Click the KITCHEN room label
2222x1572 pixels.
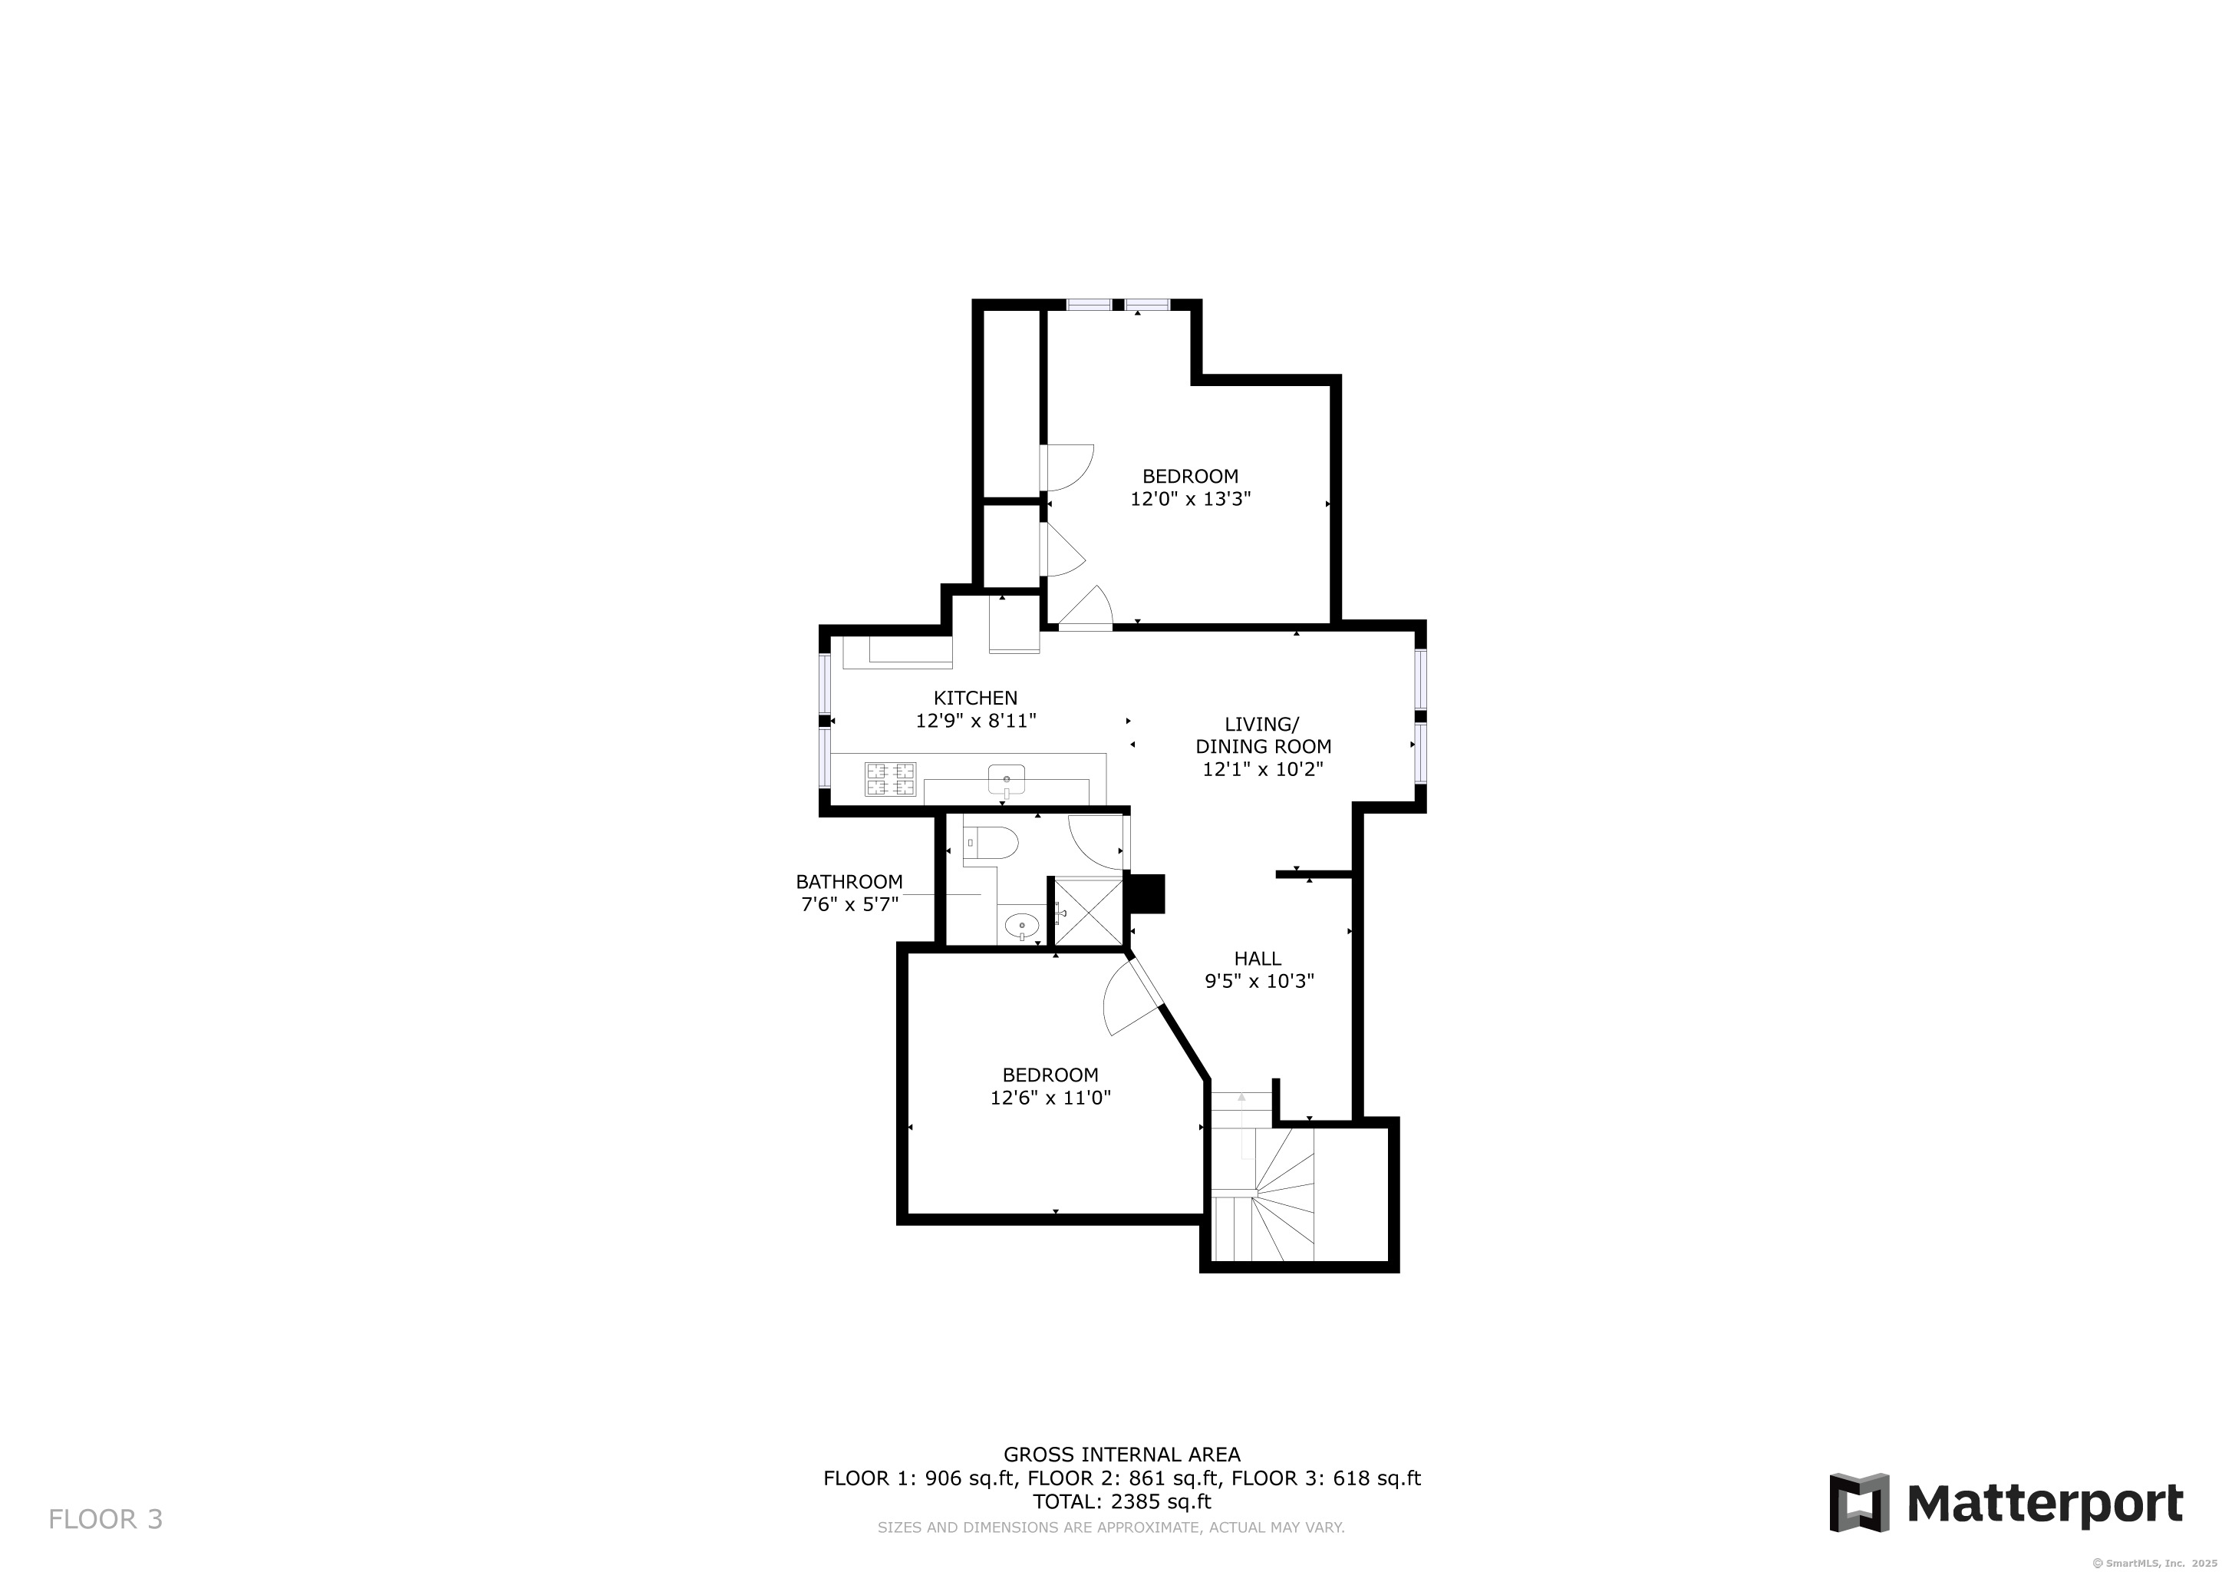click(x=975, y=698)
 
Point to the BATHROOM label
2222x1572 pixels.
click(x=849, y=882)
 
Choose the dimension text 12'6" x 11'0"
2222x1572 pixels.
click(x=1050, y=1098)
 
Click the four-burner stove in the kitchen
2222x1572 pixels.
click(x=890, y=779)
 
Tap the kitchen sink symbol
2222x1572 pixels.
click(x=1007, y=778)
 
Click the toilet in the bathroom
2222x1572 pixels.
click(x=992, y=843)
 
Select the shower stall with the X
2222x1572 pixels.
click(x=1088, y=911)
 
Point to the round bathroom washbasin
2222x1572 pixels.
click(x=1022, y=926)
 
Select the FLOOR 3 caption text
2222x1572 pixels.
click(x=105, y=1520)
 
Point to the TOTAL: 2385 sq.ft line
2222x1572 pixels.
click(x=1122, y=1502)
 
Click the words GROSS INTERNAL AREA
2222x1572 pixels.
click(x=1122, y=1454)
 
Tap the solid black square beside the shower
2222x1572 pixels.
click(x=1147, y=893)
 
